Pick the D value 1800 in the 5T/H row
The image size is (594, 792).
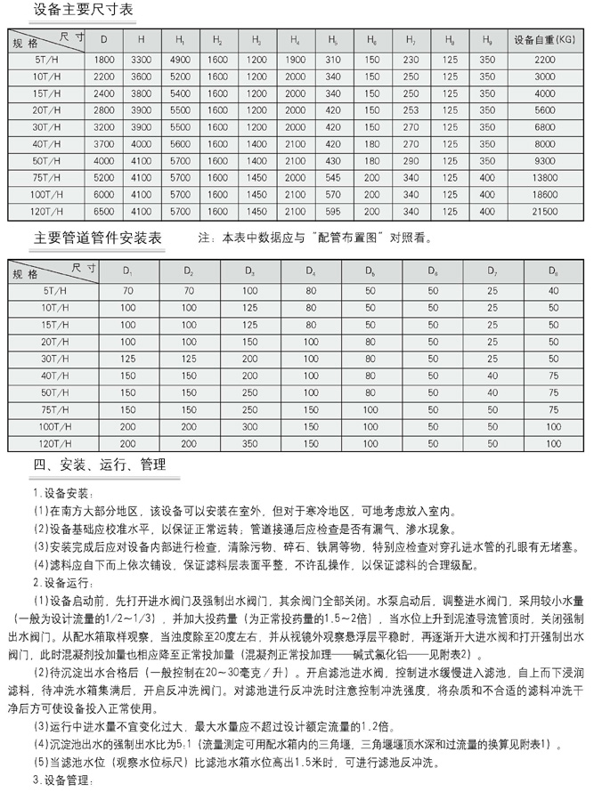click(x=104, y=59)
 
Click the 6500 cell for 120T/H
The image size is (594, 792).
click(x=104, y=212)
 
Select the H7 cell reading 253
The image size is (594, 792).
click(x=410, y=109)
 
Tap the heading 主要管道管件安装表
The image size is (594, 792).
click(x=98, y=238)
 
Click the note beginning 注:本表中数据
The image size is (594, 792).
click(x=316, y=238)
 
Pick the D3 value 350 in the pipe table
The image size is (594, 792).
click(x=249, y=443)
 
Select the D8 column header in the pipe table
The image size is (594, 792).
click(x=553, y=270)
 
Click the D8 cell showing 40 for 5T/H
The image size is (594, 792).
click(x=553, y=290)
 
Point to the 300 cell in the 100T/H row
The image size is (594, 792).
click(x=249, y=427)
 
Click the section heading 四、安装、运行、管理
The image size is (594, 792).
click(x=100, y=465)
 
